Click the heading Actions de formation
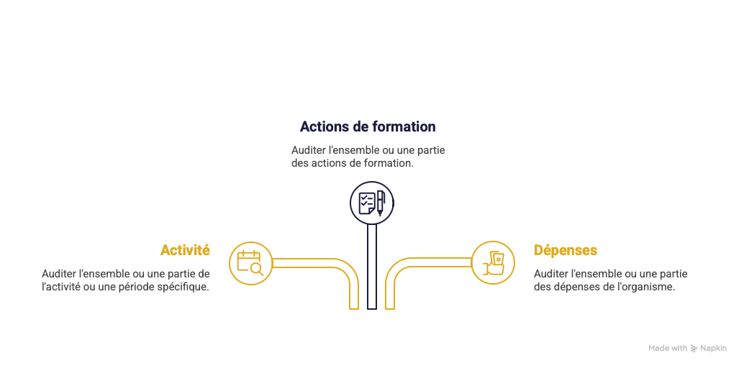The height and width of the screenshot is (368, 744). pos(368,126)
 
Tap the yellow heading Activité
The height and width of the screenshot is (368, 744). pos(185,250)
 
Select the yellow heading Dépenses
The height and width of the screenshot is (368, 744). pos(566,250)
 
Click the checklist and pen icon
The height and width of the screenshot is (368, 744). pos(372,203)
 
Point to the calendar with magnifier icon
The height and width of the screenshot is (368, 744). pos(250,263)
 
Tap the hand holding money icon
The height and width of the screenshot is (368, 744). pos(494,263)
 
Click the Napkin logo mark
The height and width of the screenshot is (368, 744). pos(694,348)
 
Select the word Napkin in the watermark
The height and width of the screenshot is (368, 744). pos(713,348)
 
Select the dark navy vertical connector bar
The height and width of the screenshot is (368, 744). pos(372,267)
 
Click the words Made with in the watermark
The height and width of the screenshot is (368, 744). pos(668,348)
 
